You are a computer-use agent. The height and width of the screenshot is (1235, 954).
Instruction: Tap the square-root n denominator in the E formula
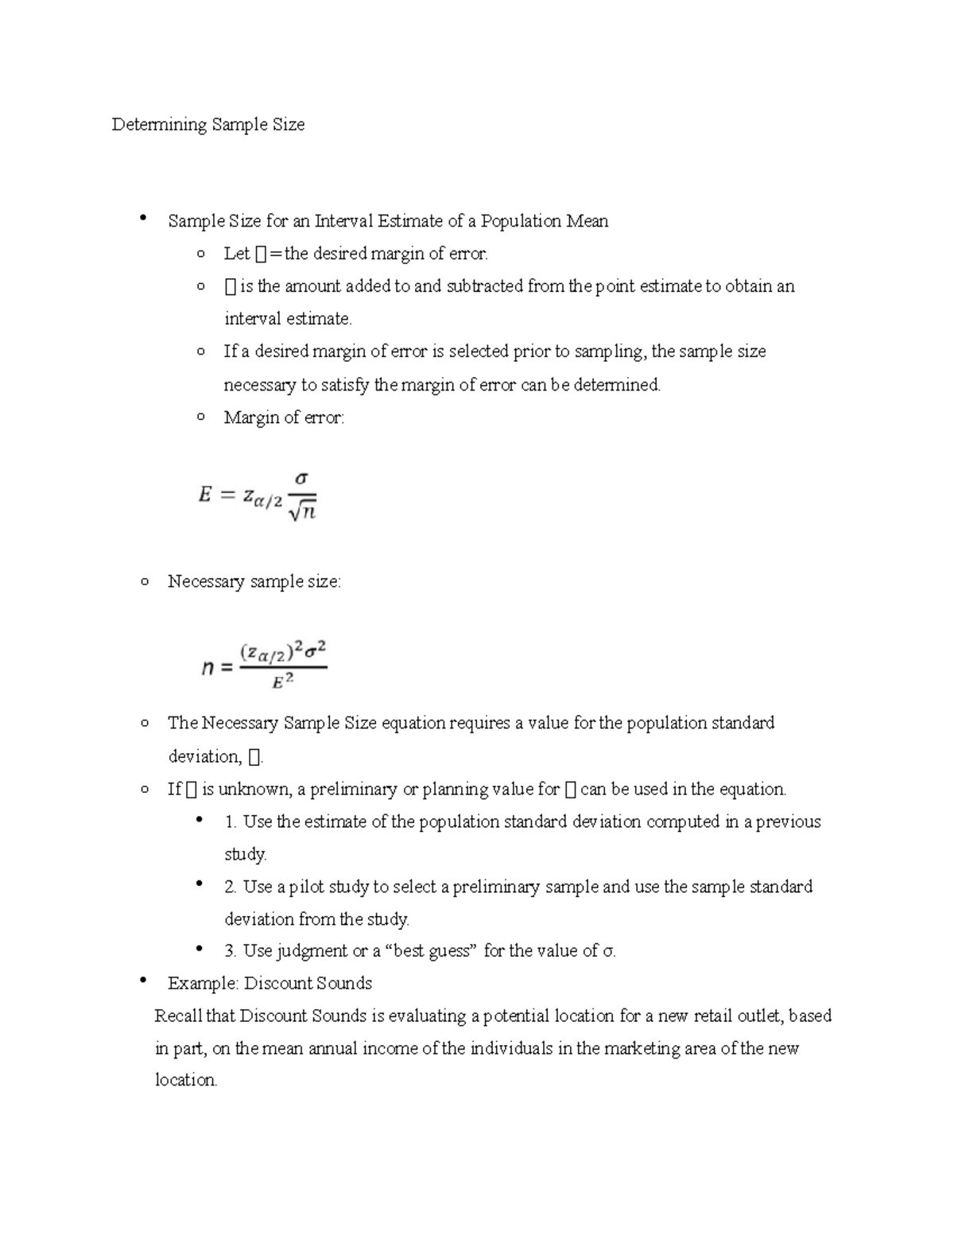[303, 513]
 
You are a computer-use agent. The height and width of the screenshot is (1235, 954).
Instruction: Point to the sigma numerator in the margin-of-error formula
[301, 479]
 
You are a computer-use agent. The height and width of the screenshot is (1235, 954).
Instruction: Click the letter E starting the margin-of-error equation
[205, 495]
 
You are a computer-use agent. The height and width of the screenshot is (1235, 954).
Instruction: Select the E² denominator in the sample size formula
[283, 681]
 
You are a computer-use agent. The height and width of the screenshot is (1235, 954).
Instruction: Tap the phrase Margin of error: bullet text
[284, 417]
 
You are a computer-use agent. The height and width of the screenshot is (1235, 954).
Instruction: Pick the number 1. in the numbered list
[231, 821]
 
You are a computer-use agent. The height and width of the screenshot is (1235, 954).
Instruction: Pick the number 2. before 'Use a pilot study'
[231, 887]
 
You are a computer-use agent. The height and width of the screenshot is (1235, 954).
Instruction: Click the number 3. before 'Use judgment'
[231, 951]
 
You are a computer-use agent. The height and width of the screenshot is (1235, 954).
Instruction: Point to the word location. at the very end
[185, 1081]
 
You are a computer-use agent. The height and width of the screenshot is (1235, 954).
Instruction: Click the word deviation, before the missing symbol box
[204, 756]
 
